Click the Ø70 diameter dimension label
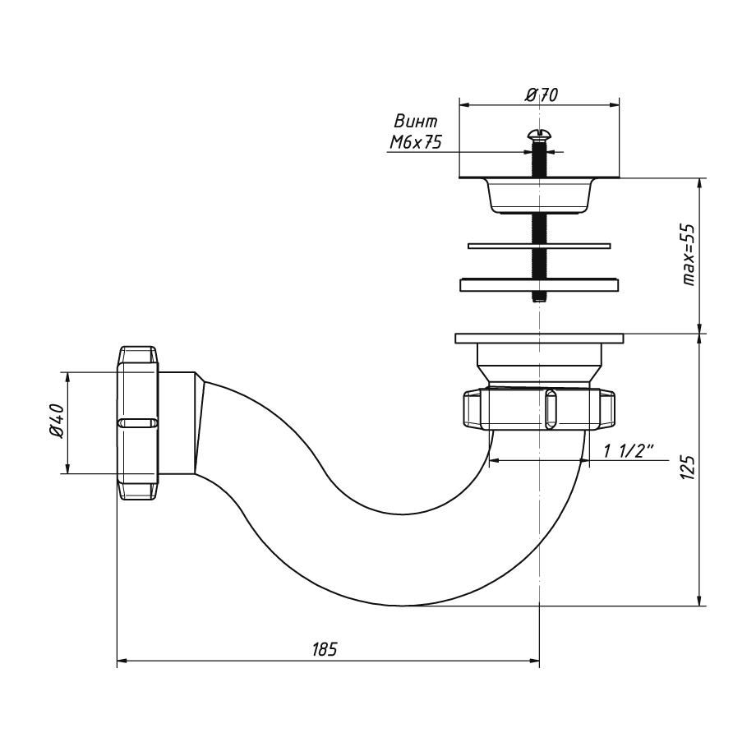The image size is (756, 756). click(541, 95)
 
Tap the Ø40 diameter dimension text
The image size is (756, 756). click(57, 422)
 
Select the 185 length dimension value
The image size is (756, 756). click(325, 649)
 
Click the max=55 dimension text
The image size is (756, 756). click(688, 255)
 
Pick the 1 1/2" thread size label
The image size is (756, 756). click(629, 451)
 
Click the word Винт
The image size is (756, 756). click(416, 121)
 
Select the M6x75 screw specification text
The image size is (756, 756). click(416, 141)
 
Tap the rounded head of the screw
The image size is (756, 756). click(538, 133)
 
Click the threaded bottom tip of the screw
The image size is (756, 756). click(539, 298)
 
